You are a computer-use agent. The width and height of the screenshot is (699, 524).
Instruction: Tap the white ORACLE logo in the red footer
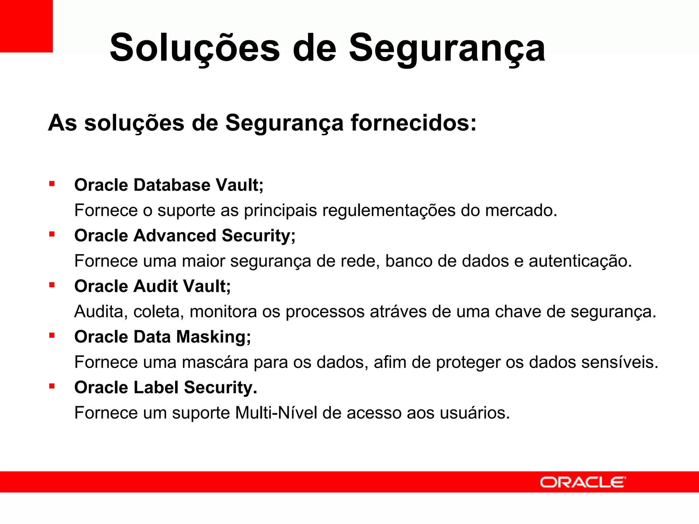[x=583, y=482]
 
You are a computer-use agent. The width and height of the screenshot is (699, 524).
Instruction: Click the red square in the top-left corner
[x=26, y=26]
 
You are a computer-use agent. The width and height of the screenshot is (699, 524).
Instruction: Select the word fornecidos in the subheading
[x=413, y=123]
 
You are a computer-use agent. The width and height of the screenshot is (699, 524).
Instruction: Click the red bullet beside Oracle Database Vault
[x=52, y=184]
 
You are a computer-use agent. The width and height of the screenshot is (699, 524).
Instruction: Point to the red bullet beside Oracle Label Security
[x=52, y=387]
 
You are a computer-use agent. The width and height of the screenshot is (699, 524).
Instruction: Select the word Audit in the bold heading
[x=155, y=286]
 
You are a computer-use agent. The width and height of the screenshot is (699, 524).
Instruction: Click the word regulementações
[x=389, y=210]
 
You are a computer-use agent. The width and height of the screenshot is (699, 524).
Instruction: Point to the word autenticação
[x=580, y=261]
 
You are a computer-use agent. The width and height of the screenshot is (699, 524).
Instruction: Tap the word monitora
[x=223, y=312]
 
